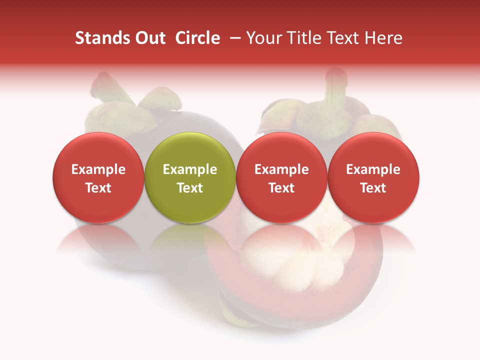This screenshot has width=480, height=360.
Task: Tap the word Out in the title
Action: coord(149,38)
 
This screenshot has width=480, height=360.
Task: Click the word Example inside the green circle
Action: coord(189,169)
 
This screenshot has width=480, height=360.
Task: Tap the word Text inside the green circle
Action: coord(189,188)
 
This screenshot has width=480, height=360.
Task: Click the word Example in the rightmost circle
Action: coord(373,169)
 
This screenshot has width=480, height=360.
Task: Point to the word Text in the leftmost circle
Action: coord(98,188)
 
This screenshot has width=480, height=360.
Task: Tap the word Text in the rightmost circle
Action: coord(373,188)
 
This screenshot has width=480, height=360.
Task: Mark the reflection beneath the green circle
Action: coord(189,238)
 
